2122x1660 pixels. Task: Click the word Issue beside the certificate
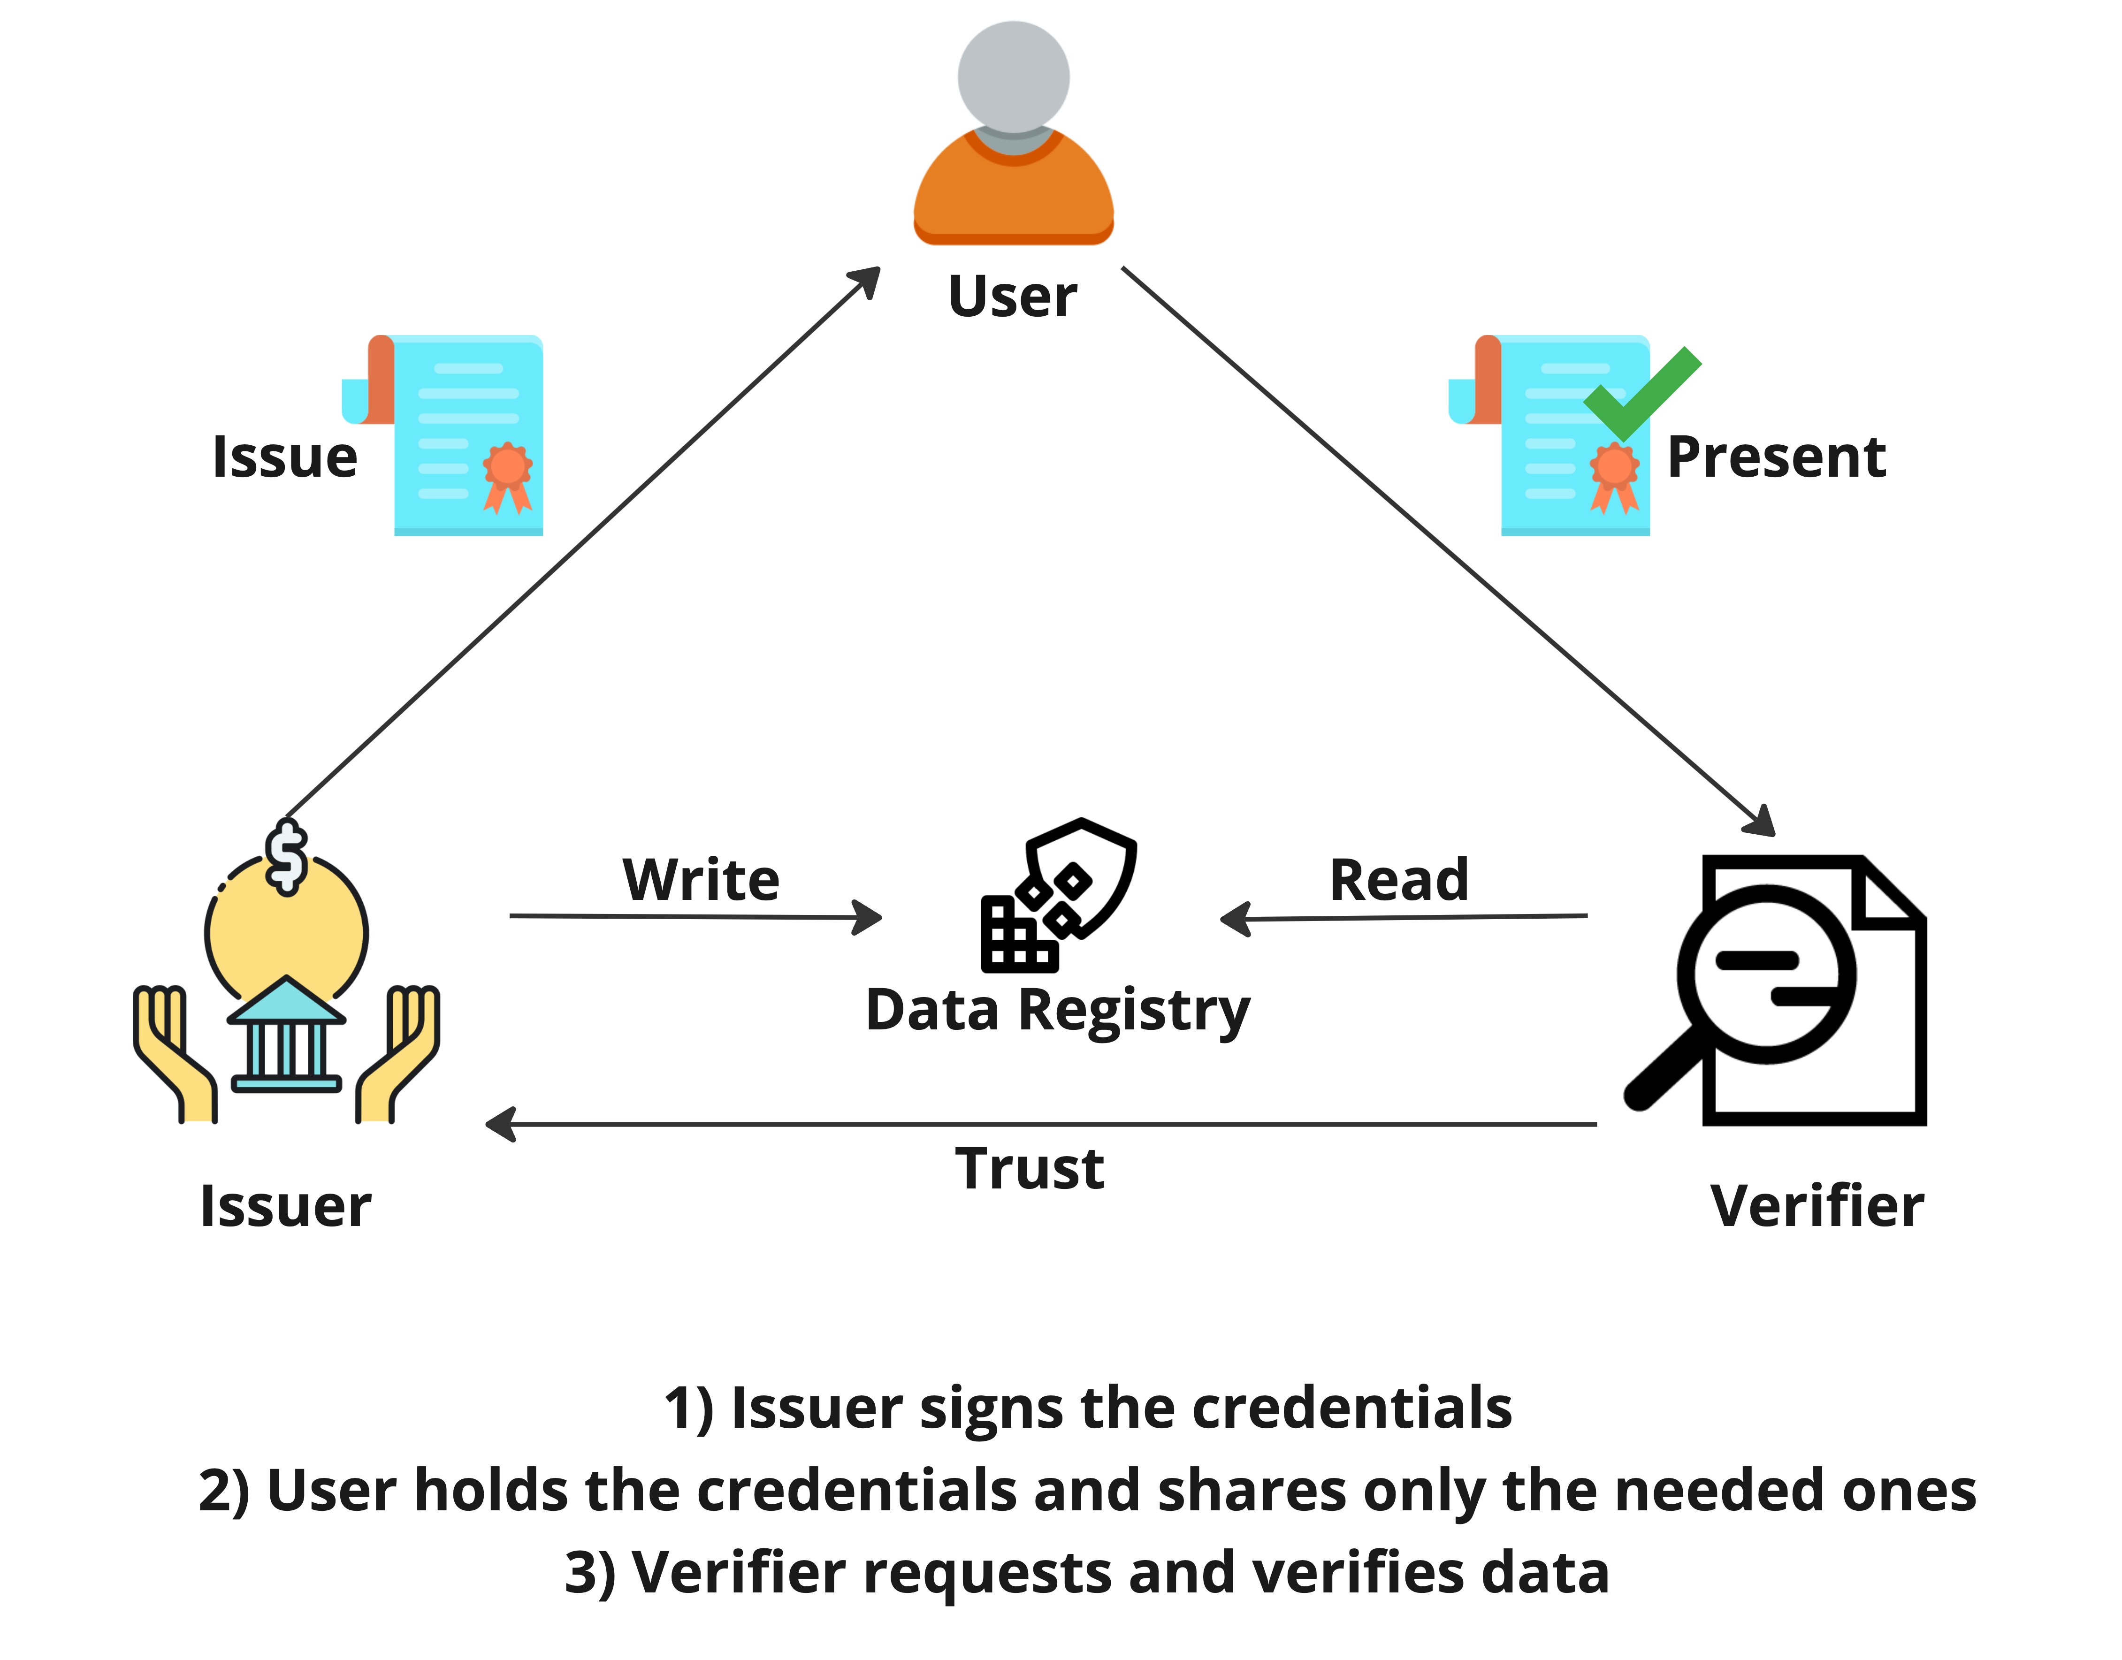point(285,457)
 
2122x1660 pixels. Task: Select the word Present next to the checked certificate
point(1776,457)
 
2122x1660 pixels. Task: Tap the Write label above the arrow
point(701,880)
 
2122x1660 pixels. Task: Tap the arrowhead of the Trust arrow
point(500,1125)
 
